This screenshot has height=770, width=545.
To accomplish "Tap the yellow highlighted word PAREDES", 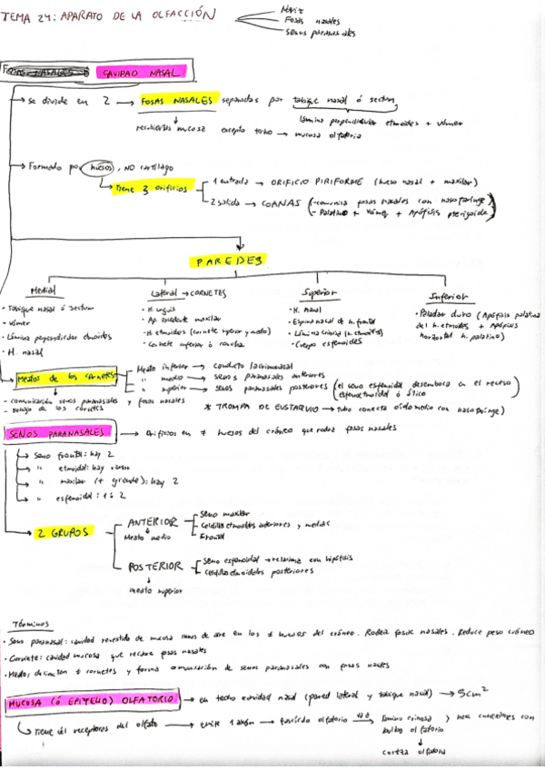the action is click(229, 262).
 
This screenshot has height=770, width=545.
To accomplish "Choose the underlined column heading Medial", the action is click(43, 291).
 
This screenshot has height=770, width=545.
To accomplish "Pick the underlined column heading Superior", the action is click(319, 293).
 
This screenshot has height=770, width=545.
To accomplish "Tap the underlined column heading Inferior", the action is click(450, 296).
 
